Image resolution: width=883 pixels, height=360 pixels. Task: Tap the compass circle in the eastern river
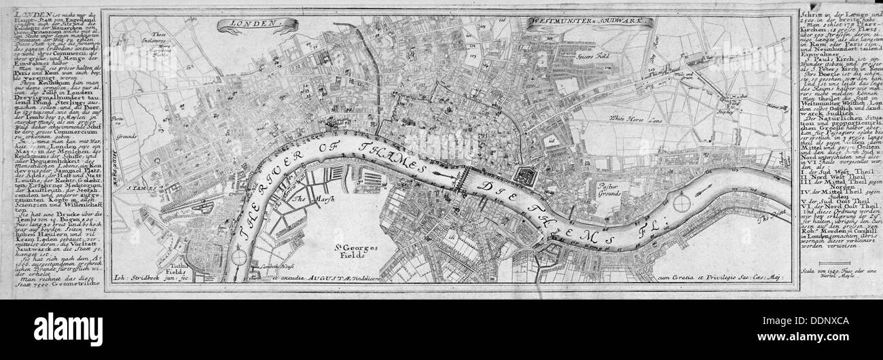point(683,202)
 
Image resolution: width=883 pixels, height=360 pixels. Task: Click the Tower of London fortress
point(524,177)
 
